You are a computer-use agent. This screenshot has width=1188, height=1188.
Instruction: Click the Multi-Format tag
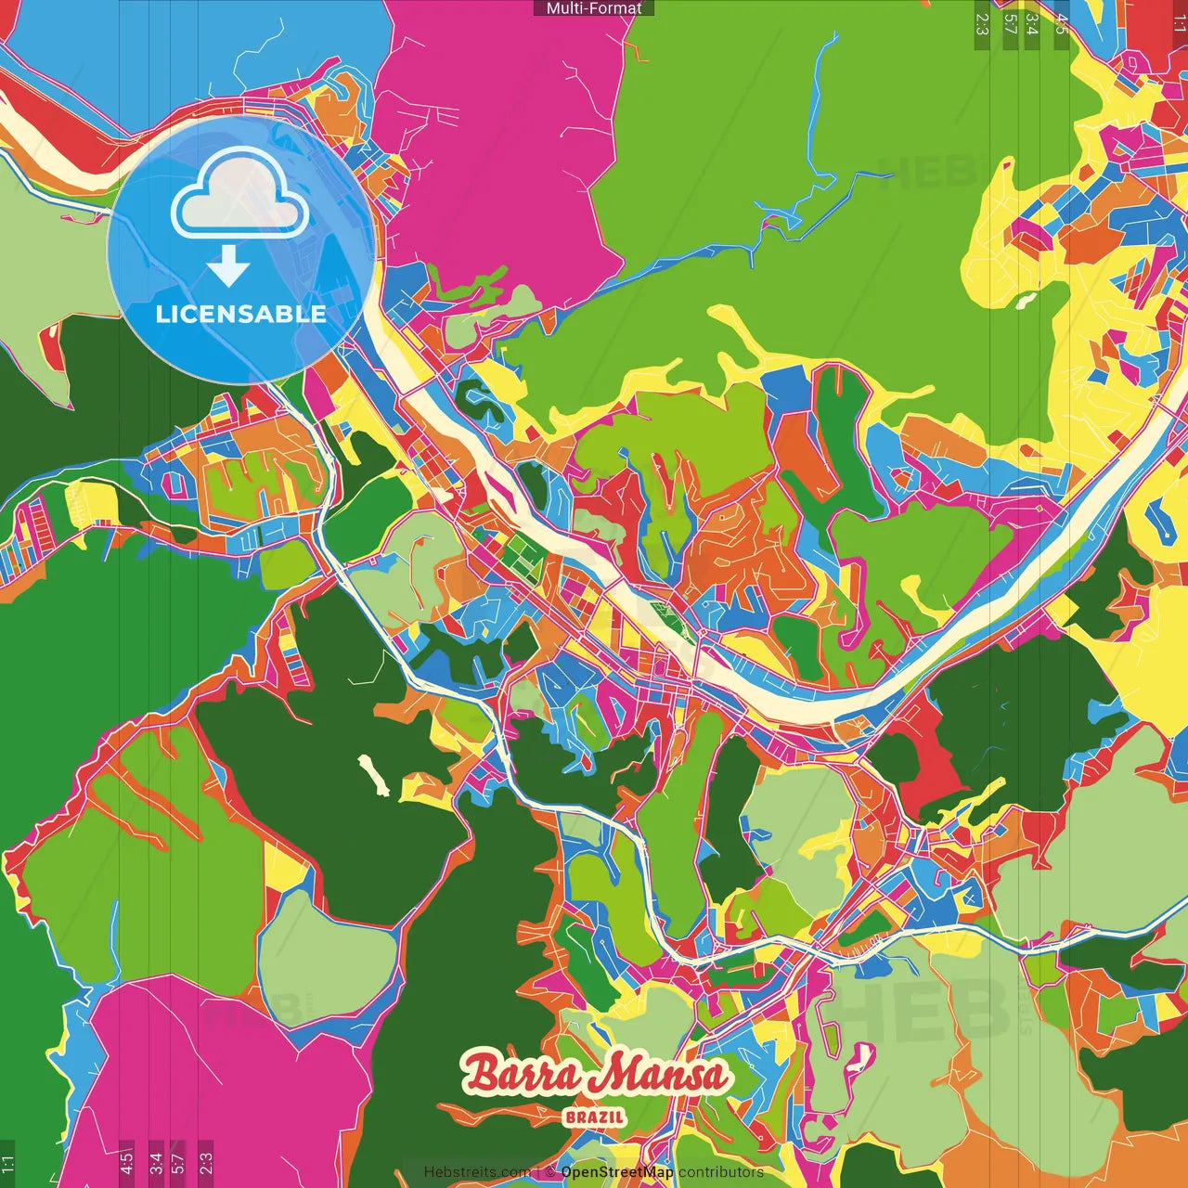coord(594,8)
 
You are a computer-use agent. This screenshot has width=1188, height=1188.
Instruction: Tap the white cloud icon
coord(239,195)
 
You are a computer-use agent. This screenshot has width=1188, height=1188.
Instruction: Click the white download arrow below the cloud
coord(228,267)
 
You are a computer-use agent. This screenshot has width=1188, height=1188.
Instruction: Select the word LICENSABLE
coord(240,314)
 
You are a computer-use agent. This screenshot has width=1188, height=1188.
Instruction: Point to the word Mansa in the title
coord(662,1075)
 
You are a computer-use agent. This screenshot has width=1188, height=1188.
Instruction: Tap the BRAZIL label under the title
coord(594,1117)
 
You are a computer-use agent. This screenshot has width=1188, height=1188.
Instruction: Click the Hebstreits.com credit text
coord(477,1172)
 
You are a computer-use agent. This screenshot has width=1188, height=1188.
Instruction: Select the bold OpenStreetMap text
coord(617,1172)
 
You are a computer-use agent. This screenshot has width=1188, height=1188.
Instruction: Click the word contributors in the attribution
coord(721,1172)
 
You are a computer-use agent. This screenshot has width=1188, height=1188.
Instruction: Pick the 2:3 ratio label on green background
coord(982,24)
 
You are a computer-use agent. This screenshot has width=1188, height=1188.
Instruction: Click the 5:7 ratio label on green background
coord(1010,24)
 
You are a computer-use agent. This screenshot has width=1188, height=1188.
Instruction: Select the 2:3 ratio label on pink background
coord(205,1161)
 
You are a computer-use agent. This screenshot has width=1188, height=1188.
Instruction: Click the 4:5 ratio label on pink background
coord(126,1161)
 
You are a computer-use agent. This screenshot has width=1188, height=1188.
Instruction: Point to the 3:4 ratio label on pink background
coord(155,1161)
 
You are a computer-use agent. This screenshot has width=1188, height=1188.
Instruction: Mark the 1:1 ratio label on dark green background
coord(7,1163)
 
